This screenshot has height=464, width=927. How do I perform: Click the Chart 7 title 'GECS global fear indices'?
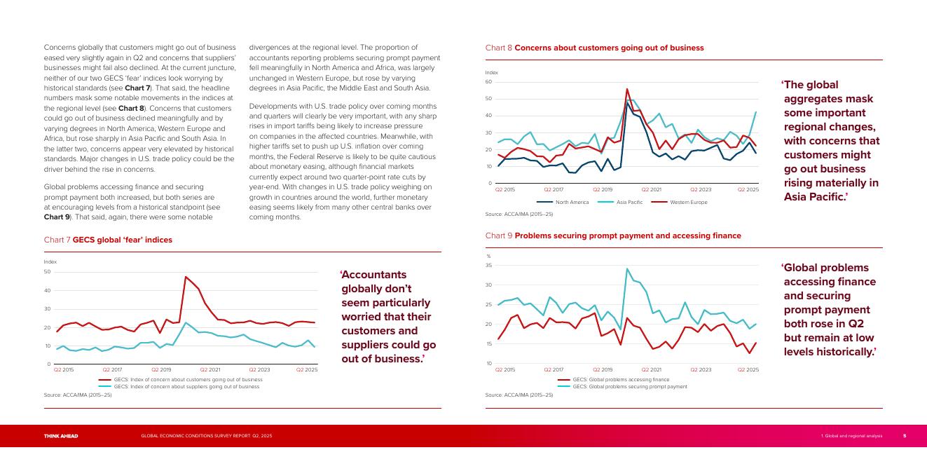(x=108, y=240)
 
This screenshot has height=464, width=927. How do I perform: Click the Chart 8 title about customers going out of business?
(x=594, y=48)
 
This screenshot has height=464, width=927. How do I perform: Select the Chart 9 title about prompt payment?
(x=613, y=236)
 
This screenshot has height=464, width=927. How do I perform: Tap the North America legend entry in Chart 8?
(x=563, y=203)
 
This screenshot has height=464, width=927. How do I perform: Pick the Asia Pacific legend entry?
(x=621, y=203)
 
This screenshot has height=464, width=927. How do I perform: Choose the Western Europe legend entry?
(x=680, y=203)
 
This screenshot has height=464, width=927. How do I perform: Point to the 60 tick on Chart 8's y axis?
(x=488, y=82)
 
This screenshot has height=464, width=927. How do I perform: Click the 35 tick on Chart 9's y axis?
(x=488, y=266)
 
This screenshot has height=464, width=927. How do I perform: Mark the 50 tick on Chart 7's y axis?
(x=47, y=272)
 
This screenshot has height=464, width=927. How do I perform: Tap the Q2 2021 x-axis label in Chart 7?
(x=210, y=369)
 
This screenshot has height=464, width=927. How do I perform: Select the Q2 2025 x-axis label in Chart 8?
(x=748, y=189)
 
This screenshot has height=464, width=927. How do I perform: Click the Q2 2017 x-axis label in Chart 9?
(x=553, y=369)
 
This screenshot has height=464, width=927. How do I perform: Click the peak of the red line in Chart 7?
(x=186, y=276)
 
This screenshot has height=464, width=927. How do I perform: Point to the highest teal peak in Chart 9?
(x=627, y=268)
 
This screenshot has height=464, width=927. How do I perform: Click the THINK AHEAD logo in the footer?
(x=61, y=436)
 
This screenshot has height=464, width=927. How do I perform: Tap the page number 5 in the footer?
(x=905, y=436)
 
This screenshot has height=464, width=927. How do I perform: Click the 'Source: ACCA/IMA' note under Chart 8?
(x=519, y=214)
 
